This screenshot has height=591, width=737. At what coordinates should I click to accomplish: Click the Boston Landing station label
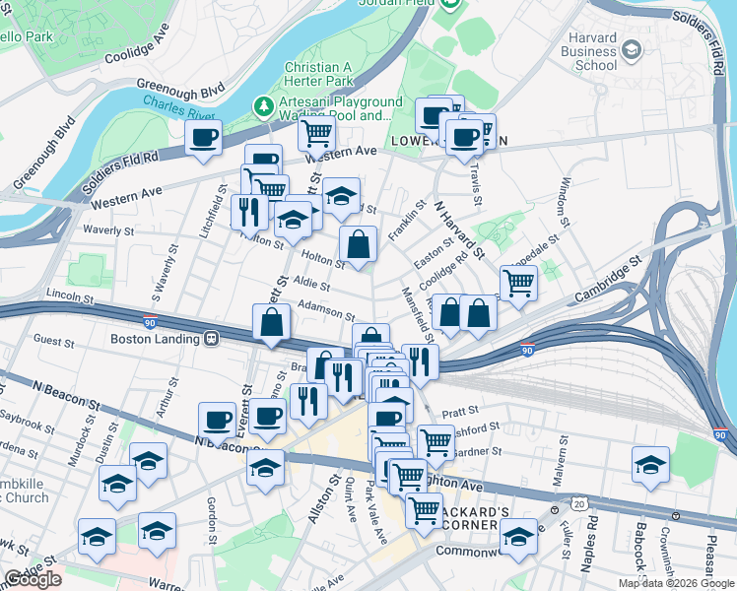pos(155,338)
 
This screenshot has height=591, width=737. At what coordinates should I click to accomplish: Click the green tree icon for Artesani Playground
pos(263,103)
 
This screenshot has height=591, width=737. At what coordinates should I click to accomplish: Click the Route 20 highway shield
pos(580,504)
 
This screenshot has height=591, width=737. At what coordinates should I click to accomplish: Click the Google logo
pos(33,579)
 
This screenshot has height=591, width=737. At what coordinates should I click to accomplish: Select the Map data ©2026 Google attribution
pos(676,583)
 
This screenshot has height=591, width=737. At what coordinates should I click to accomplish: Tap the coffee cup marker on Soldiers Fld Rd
pos(204,138)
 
